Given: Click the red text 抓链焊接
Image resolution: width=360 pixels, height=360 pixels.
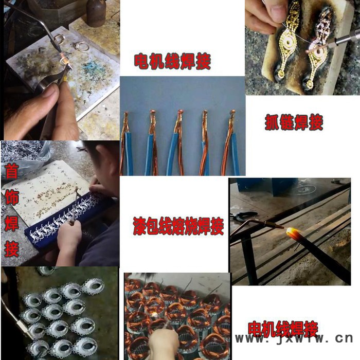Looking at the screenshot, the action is click(x=294, y=122).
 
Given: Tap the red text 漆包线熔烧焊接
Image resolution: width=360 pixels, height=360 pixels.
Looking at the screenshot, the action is click(x=178, y=226).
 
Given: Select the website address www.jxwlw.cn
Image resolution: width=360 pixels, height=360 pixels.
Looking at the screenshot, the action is click(x=294, y=338).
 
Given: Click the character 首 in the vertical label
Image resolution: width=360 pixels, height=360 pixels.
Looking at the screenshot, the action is click(x=11, y=171).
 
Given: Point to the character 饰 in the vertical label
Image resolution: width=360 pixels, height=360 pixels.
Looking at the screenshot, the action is click(x=11, y=197).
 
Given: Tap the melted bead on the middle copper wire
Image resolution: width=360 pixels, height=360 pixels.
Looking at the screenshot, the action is click(x=181, y=112).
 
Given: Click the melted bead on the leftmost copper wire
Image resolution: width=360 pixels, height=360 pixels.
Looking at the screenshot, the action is click(x=127, y=113).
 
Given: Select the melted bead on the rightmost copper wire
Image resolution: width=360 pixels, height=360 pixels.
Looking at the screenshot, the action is click(x=232, y=112).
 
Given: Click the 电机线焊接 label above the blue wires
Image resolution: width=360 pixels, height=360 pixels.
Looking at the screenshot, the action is click(x=172, y=61).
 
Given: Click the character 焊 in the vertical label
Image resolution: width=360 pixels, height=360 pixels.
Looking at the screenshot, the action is click(x=11, y=223).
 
